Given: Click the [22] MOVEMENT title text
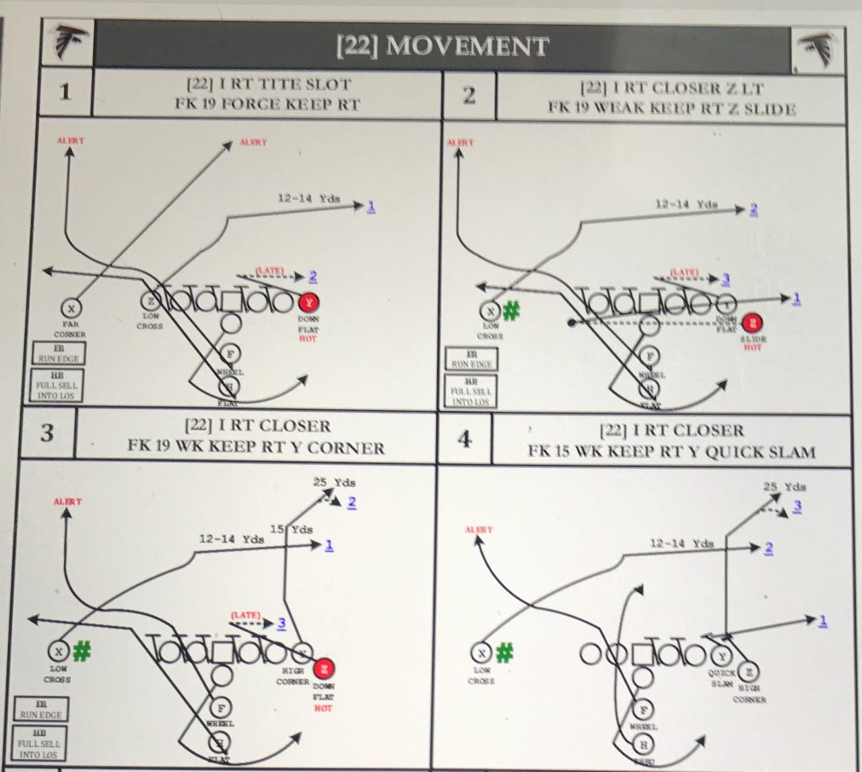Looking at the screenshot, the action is (442, 46).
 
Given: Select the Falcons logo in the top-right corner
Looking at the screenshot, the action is (817, 50).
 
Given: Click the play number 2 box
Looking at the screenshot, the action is (469, 96).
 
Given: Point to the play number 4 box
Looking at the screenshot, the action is (465, 439).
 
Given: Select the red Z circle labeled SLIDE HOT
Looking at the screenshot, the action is (754, 322).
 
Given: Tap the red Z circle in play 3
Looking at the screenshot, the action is (324, 668).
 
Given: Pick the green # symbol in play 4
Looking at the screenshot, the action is (504, 651).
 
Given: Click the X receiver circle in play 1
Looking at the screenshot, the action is (71, 308).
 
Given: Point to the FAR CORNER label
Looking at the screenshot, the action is (70, 329).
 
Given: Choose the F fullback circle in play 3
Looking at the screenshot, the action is (220, 707).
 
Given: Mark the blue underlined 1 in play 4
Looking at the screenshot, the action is (822, 621).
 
